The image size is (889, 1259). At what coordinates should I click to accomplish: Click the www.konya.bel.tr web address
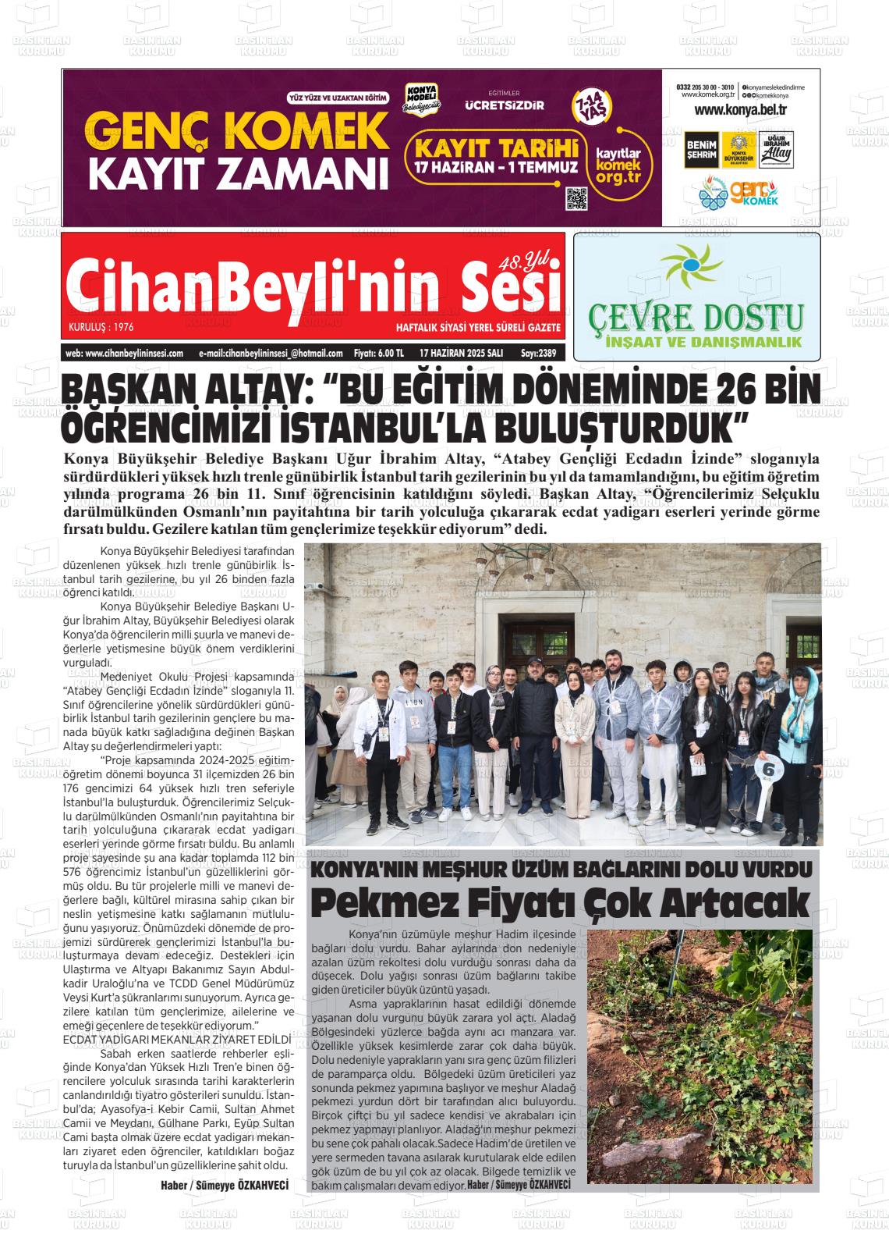pos(740,110)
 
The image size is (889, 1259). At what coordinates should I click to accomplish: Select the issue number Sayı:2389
pos(538,353)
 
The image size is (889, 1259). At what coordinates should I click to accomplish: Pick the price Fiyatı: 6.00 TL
pos(378,353)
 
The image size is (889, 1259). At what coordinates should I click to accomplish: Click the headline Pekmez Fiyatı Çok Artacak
pos(561,903)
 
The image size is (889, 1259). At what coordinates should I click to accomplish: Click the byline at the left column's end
pos(225,1185)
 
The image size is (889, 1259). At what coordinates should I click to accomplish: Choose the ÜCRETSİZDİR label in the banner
pos(505,105)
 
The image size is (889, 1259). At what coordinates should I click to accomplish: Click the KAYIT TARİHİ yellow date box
pos(496,155)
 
